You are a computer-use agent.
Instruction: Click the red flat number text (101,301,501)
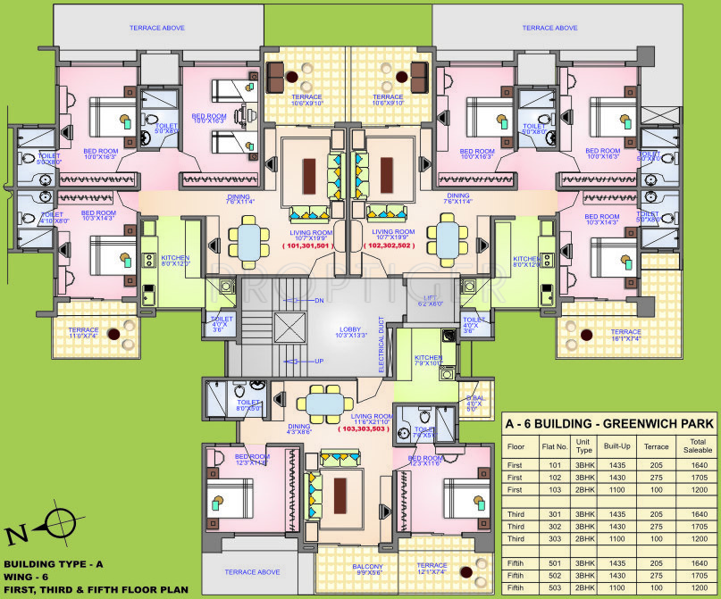point(307,245)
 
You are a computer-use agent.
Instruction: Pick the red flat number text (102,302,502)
point(390,245)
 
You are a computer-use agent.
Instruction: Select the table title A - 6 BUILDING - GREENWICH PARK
point(608,423)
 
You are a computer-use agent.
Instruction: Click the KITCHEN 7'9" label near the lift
point(427,359)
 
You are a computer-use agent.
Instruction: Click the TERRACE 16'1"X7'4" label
point(625,335)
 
